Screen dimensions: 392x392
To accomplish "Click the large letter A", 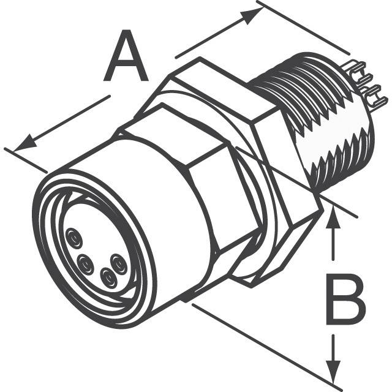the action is coord(126,56).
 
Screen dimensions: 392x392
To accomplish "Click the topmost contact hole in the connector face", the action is coord(73,238).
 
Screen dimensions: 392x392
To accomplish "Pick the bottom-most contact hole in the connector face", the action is coord(109,277).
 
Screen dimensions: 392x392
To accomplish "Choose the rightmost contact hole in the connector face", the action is coord(119,264).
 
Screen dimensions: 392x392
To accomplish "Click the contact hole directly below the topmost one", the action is coord(86,264).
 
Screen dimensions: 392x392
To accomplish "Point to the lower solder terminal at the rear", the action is coord(374,96).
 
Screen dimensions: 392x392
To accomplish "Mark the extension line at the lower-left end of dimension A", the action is coord(26,160).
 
